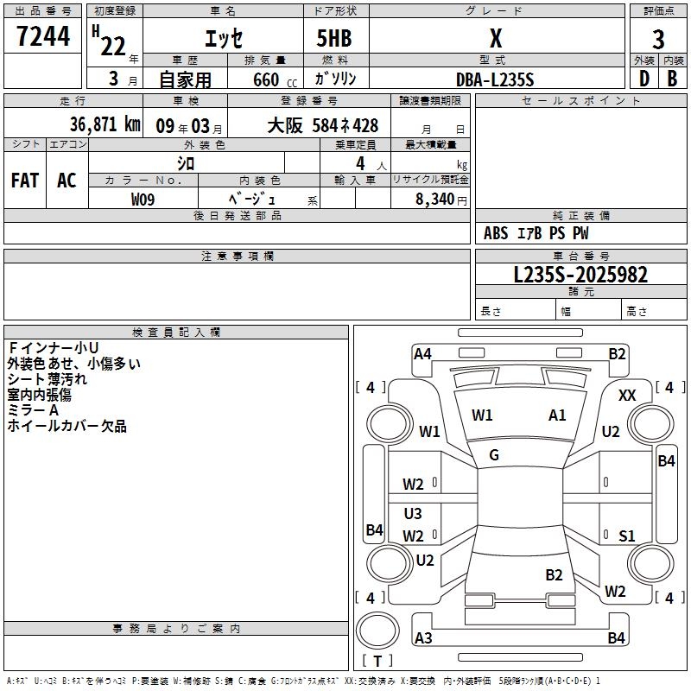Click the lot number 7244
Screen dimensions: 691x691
tap(43, 37)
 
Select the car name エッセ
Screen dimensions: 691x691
tap(223, 39)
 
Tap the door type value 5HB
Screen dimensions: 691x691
tap(334, 39)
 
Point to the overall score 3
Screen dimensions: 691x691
tap(658, 39)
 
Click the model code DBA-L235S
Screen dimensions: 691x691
tap(495, 79)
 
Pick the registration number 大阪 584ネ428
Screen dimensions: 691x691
tap(322, 125)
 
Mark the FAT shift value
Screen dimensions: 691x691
tap(25, 180)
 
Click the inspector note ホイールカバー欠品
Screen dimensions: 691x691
tap(67, 426)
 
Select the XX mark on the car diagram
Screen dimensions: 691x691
tap(628, 395)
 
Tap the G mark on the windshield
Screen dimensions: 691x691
tap(494, 455)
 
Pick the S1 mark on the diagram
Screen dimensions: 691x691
tap(627, 536)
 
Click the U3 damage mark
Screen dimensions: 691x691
tap(413, 514)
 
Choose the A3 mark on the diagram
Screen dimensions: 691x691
tap(423, 638)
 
